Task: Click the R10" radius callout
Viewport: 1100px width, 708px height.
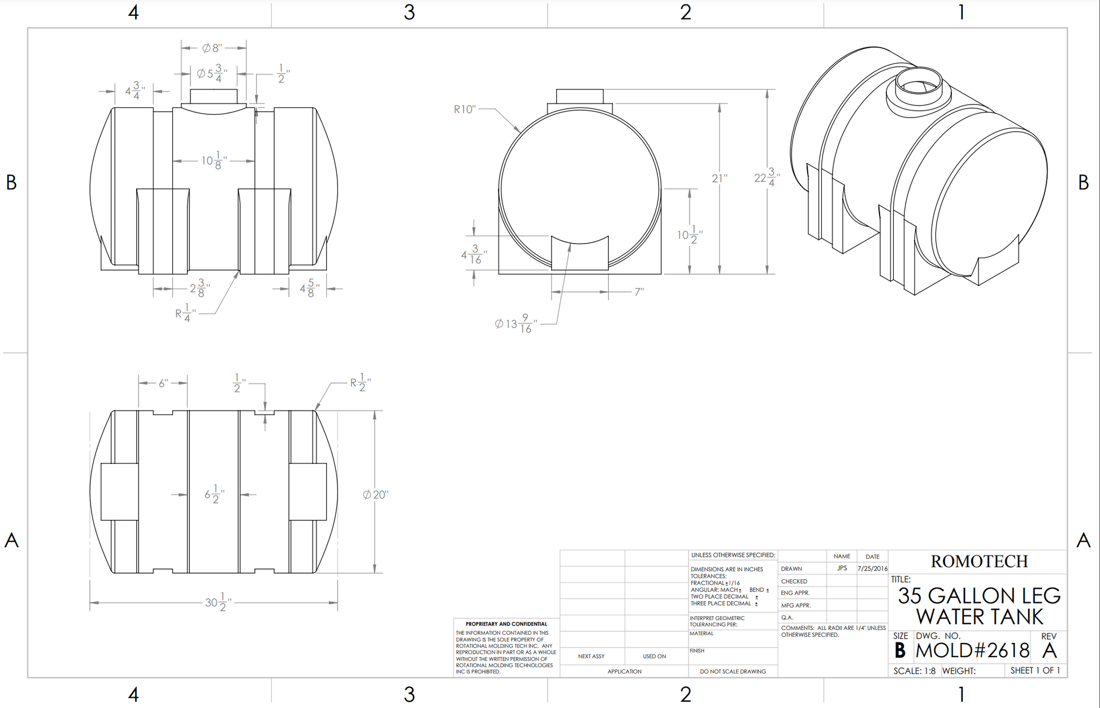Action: coord(465,109)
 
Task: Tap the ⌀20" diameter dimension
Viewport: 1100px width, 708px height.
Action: coord(376,495)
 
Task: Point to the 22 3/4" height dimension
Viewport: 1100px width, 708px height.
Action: coord(766,177)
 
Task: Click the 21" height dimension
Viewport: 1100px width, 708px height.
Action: coord(719,179)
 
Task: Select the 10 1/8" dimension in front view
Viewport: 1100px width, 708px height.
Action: coord(214,161)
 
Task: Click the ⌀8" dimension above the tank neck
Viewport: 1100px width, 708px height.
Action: coord(213,48)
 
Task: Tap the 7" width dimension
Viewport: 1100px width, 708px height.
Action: coord(639,292)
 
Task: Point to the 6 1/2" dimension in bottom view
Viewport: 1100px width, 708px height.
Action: coord(214,495)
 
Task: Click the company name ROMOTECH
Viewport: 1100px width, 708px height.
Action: coord(979,562)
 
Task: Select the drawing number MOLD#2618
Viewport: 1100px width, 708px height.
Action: coord(972,651)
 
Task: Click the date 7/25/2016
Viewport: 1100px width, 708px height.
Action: coord(872,568)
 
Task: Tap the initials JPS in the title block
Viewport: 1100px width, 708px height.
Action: coord(842,568)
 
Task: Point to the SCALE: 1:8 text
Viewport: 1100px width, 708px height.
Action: coord(914,671)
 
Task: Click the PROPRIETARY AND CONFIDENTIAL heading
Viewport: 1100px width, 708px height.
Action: coord(506,624)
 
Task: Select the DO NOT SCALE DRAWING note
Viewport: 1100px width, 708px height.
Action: coord(733,671)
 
